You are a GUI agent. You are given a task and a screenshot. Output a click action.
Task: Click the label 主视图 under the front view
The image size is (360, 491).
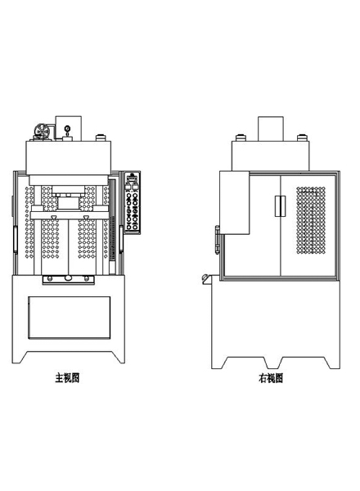pos(67,378)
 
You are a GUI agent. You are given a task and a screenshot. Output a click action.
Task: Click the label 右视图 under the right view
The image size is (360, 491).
pos(271,378)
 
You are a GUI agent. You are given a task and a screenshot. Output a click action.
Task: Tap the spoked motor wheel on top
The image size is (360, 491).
pos(41,131)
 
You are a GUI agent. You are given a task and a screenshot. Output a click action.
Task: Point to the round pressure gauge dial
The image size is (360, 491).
pos(67,128)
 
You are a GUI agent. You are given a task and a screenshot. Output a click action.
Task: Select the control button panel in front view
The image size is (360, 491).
pos(133,203)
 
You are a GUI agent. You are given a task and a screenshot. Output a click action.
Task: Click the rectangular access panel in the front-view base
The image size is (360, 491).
pos(70,318)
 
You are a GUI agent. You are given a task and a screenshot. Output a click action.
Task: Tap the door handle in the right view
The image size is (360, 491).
pos(280,206)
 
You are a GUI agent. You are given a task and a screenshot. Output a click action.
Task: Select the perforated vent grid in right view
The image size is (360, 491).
pos(311,220)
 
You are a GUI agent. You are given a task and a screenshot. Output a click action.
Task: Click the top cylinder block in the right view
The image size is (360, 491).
pos(271,128)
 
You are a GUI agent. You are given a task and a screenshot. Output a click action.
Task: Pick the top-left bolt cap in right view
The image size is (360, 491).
pos(241,137)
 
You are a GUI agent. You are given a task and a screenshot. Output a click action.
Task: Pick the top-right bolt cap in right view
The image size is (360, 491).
pos(302,137)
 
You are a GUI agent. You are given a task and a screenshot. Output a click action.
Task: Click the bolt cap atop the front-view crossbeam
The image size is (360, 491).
pos(101,137)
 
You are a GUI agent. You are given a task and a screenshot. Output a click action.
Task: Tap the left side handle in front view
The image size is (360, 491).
pos(15,239)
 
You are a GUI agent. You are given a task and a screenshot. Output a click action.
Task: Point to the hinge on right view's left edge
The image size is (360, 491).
pos(217,239)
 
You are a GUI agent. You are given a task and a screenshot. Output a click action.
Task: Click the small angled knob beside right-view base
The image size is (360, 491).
pos(205,279)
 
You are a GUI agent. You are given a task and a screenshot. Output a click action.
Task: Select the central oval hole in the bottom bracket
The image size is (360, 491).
pos(68,278)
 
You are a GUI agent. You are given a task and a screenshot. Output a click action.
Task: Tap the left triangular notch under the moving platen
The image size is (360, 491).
pos(54,218)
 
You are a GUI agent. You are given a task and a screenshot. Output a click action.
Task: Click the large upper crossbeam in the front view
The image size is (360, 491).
pos(68,157)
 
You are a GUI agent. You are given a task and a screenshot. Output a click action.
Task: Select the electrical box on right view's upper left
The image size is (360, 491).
pos(235,202)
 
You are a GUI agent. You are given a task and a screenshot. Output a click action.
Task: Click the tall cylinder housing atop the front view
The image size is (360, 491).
pos(69,128)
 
